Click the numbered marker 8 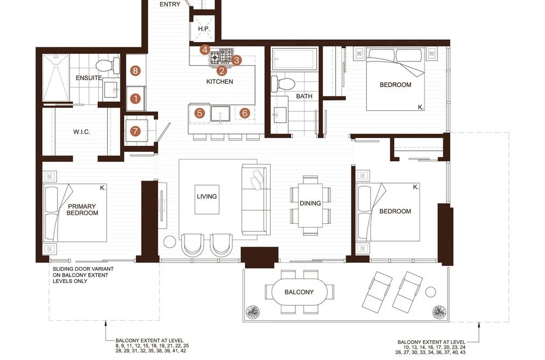point(135,71)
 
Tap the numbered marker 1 point(136,98)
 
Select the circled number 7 point(135,131)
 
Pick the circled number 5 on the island point(200,113)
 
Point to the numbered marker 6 point(245,113)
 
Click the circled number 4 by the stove point(205,50)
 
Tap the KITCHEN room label point(220,82)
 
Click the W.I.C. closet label point(82,132)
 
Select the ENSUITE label point(89,78)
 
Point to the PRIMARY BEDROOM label point(82,209)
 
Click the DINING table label point(310,203)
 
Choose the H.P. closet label point(204,29)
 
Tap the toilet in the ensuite point(108,65)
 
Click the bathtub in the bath point(295,59)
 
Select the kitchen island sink point(220,114)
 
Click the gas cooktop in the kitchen point(222,57)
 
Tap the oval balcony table point(299,292)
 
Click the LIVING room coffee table point(207,200)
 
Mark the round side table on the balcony point(430,292)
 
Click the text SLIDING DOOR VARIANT point(83,269)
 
